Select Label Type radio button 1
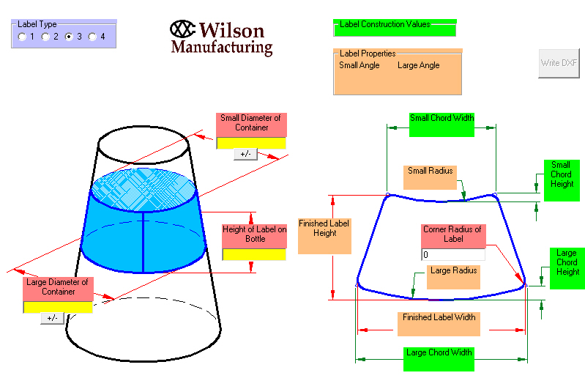(x=23, y=37)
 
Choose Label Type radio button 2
(x=46, y=37)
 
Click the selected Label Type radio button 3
(x=70, y=37)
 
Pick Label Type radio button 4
(x=93, y=37)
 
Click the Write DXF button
(x=559, y=63)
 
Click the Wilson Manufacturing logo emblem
(x=183, y=29)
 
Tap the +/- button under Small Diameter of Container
(x=245, y=154)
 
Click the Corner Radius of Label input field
(x=452, y=255)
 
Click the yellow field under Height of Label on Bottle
(x=254, y=255)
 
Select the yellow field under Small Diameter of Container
(x=251, y=143)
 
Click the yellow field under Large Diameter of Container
(x=58, y=307)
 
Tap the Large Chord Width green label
(x=438, y=358)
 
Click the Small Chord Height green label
(x=561, y=180)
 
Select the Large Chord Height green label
(x=567, y=267)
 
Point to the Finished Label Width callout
(x=439, y=323)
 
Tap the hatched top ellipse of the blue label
(x=143, y=190)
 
